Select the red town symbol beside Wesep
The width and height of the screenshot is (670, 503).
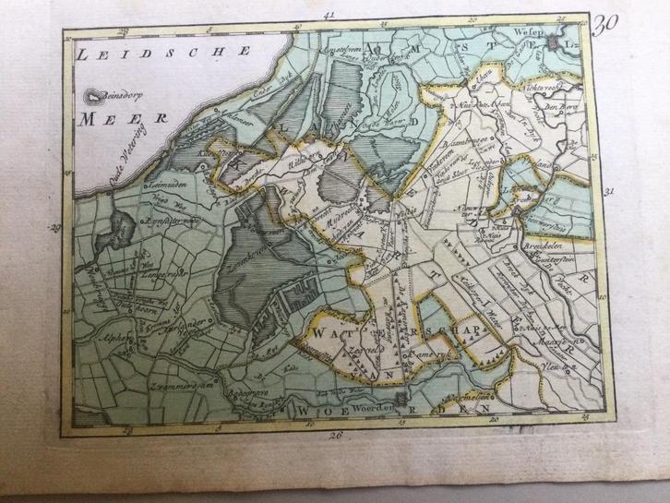coord(554,40)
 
